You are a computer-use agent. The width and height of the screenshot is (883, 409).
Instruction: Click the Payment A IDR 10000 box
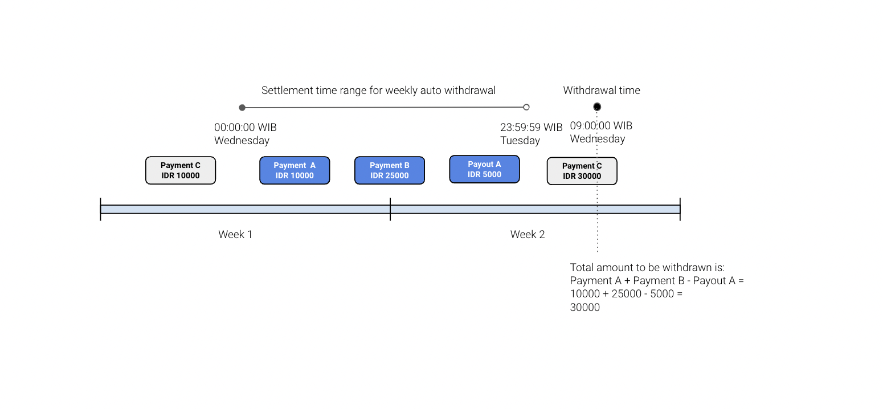295,170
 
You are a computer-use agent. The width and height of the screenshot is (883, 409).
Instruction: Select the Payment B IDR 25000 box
390,170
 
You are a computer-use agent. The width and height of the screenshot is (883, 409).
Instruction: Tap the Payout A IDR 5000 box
484,169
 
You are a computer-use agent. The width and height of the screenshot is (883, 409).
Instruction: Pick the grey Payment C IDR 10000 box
181,170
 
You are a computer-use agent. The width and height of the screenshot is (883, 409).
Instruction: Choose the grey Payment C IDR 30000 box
582,171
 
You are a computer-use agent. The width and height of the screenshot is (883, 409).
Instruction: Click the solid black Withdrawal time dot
597,107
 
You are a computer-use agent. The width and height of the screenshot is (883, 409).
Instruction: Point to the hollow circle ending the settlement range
526,107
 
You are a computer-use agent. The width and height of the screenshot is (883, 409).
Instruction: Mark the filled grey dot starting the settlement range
242,108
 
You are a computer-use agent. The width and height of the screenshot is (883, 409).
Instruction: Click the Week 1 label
235,235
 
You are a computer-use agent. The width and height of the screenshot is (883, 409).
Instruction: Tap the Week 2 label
528,235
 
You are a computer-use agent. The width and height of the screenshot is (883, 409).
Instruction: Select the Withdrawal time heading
602,90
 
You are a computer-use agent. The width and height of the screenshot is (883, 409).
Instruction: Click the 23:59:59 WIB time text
532,127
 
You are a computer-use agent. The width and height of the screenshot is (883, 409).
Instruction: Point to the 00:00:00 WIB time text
245,127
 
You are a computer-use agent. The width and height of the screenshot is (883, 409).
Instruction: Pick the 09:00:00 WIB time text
601,126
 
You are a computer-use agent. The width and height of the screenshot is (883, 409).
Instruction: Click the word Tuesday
520,141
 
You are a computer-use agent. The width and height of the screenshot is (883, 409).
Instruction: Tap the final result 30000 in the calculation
585,308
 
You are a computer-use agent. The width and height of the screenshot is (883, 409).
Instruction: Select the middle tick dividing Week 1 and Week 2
390,209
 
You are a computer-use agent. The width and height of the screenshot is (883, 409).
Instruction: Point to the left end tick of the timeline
100,209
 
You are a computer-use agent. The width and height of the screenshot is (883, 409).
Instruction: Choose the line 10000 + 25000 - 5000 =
627,294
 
